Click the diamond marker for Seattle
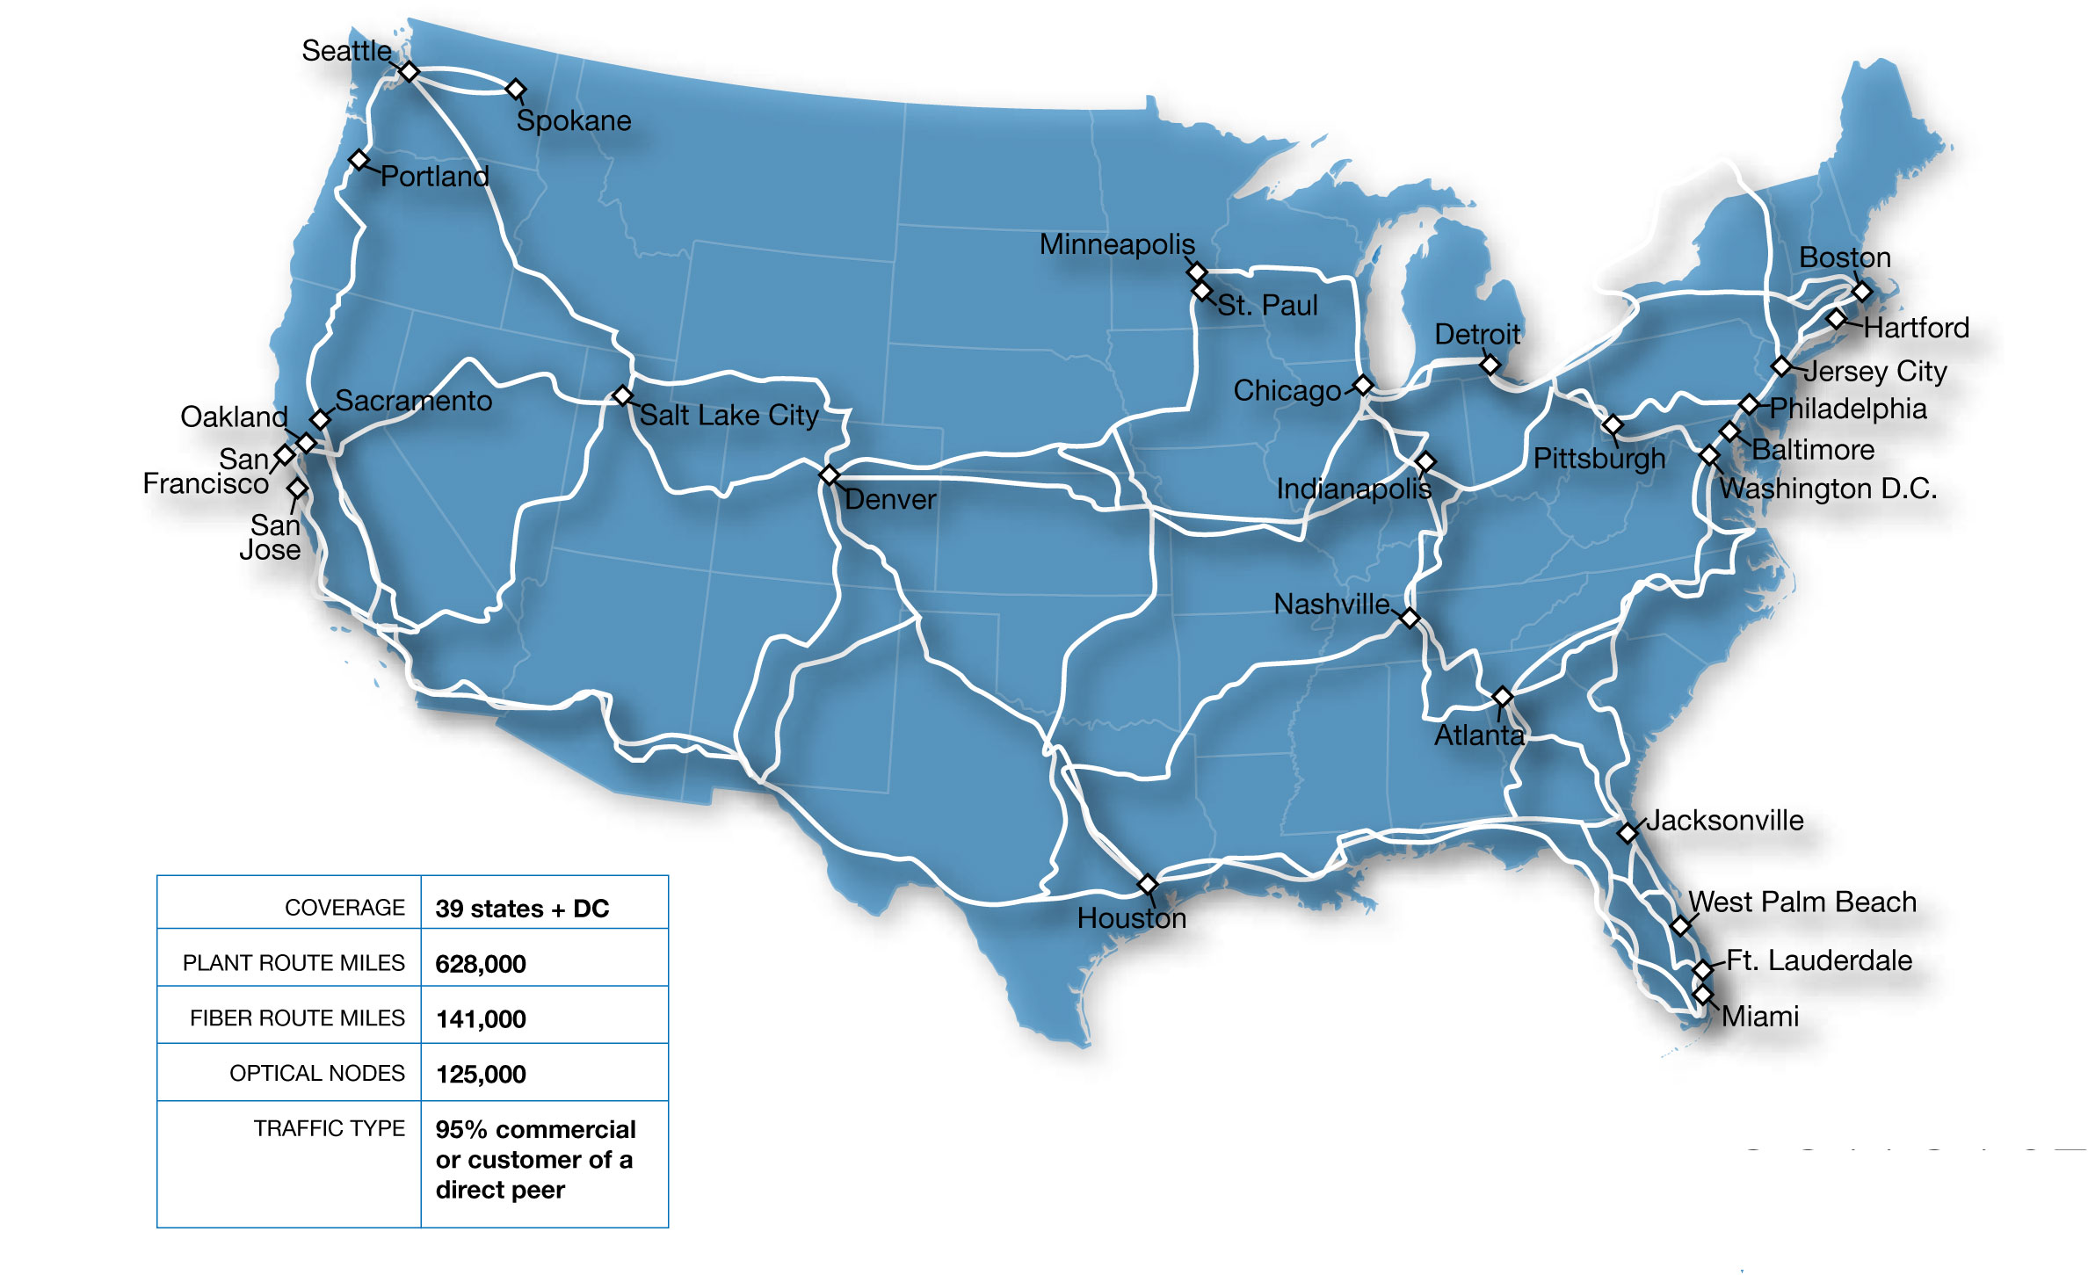click(x=409, y=71)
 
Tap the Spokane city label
click(x=574, y=121)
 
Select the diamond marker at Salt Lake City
click(x=622, y=395)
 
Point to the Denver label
click(x=890, y=500)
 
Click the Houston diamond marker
click(x=1148, y=883)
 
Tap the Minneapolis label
click(x=1117, y=244)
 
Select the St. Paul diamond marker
click(x=1201, y=290)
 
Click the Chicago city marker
click(x=1363, y=385)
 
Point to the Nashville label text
click(x=1331, y=605)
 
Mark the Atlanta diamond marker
click(x=1503, y=697)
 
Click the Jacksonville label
click(x=1724, y=821)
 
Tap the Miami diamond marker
click(x=1703, y=995)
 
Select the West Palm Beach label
click(x=1802, y=902)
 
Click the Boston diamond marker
click(x=1861, y=291)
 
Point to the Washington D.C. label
click(x=1828, y=489)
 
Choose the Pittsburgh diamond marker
click(x=1613, y=424)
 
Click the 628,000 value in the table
click(x=481, y=964)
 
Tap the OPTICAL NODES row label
click(x=316, y=1073)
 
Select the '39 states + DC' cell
click(x=522, y=909)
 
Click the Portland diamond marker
click(x=359, y=160)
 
